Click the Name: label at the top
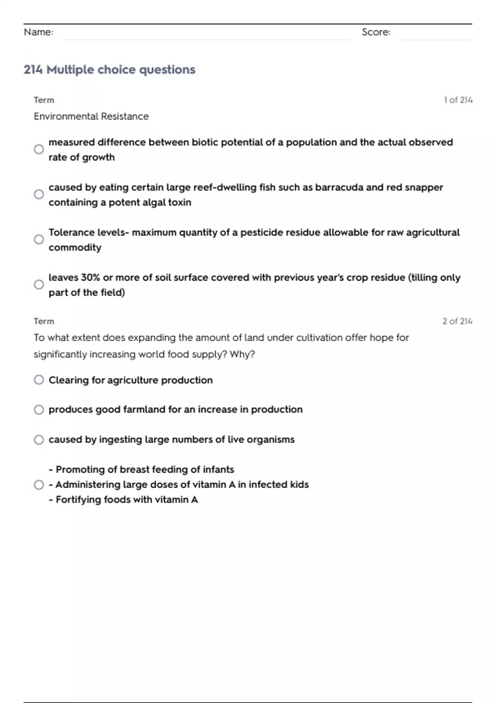[38, 32]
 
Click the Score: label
[376, 32]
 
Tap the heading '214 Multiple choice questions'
[109, 69]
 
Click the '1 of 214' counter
[458, 100]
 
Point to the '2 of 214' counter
[457, 321]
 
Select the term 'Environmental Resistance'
[91, 117]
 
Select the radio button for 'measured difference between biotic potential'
[39, 149]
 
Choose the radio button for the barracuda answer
[39, 194]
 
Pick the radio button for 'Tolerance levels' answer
[39, 239]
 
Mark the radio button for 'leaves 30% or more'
[39, 285]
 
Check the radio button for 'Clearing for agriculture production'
[39, 380]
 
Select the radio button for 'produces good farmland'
[39, 409]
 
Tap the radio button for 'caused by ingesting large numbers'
[39, 440]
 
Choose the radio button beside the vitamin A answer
[39, 485]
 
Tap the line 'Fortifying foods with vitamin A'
[123, 500]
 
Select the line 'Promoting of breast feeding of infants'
[141, 469]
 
